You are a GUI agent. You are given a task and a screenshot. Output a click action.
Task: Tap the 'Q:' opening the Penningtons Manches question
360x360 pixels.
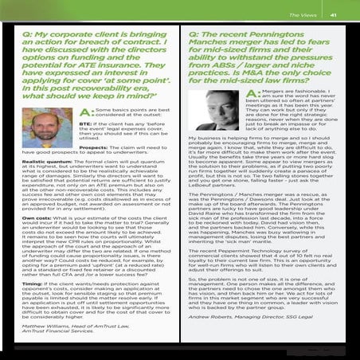point(195,36)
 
